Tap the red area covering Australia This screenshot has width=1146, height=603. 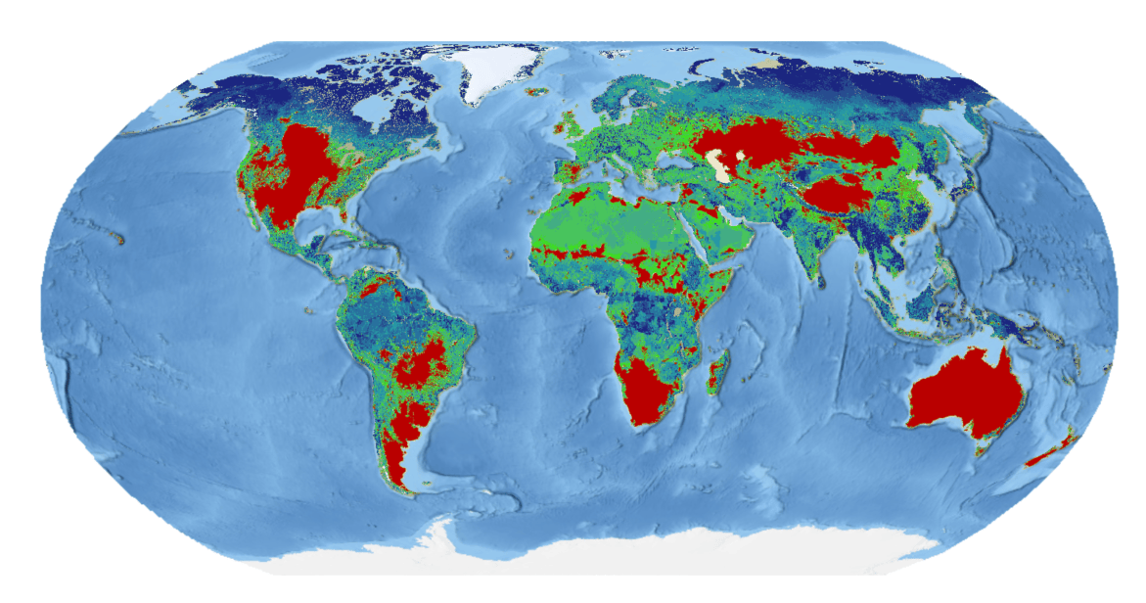pos(965,396)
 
